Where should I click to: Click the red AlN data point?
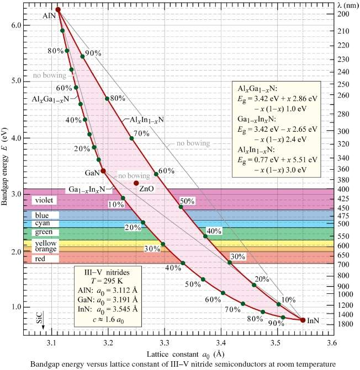coord(58,10)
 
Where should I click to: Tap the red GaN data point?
coord(103,171)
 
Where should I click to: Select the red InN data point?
coord(303,320)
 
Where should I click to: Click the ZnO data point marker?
coord(136,183)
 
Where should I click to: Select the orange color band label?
coord(45,249)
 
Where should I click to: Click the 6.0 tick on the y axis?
coord(13,25)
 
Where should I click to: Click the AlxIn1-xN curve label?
coord(146,119)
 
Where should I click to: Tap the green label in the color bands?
coord(43,232)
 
